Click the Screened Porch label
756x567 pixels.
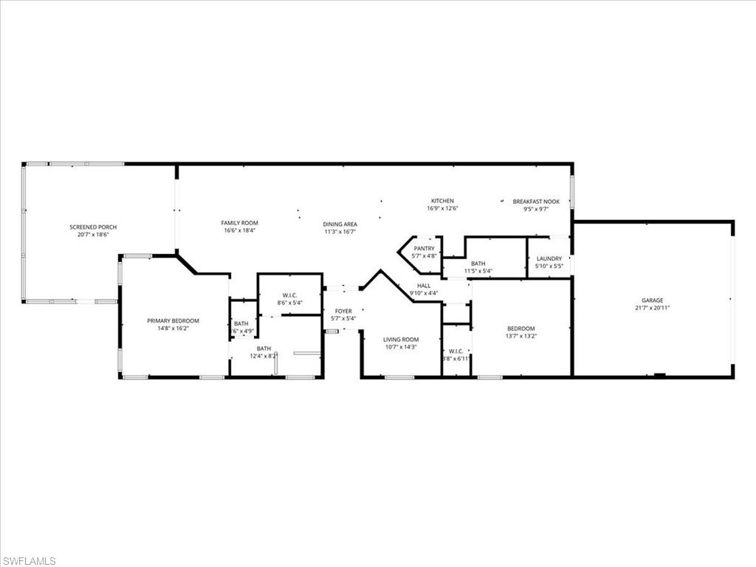(93, 227)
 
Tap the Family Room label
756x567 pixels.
(239, 223)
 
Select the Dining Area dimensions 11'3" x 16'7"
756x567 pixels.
(340, 232)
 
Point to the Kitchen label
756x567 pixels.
(442, 201)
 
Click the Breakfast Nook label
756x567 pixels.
(536, 202)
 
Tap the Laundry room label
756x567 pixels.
(549, 258)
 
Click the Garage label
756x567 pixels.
(652, 300)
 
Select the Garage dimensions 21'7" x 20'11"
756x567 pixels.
(652, 308)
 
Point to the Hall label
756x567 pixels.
(423, 285)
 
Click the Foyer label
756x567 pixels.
(343, 312)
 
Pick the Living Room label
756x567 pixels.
(400, 340)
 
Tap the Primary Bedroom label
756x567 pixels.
(173, 320)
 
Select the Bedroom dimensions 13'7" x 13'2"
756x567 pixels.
(520, 336)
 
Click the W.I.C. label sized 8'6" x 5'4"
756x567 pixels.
(289, 295)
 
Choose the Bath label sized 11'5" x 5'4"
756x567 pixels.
(478, 264)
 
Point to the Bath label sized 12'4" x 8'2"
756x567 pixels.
(264, 348)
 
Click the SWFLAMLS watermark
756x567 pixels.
(29, 561)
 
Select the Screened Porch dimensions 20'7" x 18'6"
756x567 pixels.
(93, 234)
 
